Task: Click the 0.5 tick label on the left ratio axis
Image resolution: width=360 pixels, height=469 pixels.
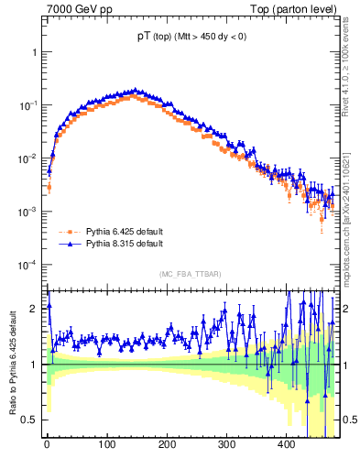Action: point(29,420)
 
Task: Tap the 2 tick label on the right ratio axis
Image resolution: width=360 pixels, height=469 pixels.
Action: point(346,308)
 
